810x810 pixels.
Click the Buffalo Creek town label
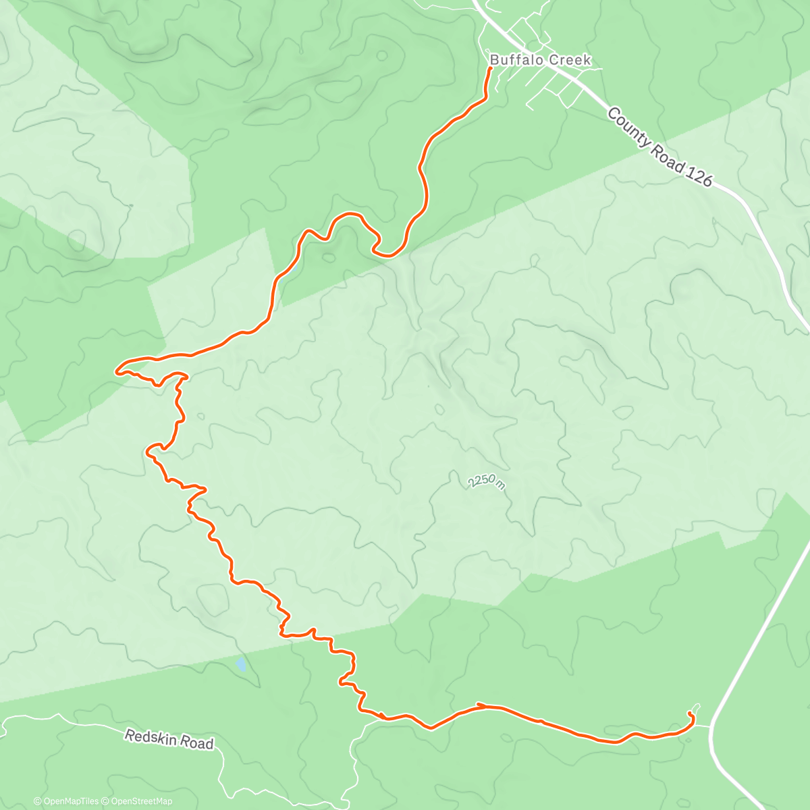(x=540, y=60)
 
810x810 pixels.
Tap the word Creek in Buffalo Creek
(x=568, y=60)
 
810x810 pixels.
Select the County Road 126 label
(x=659, y=148)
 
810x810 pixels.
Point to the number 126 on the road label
(x=699, y=173)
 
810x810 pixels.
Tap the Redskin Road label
(x=169, y=738)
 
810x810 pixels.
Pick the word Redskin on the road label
(x=151, y=735)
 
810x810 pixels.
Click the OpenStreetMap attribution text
(x=141, y=801)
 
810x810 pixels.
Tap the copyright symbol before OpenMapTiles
(x=37, y=801)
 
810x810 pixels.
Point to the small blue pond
(x=241, y=665)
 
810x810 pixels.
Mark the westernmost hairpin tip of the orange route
(x=117, y=370)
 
